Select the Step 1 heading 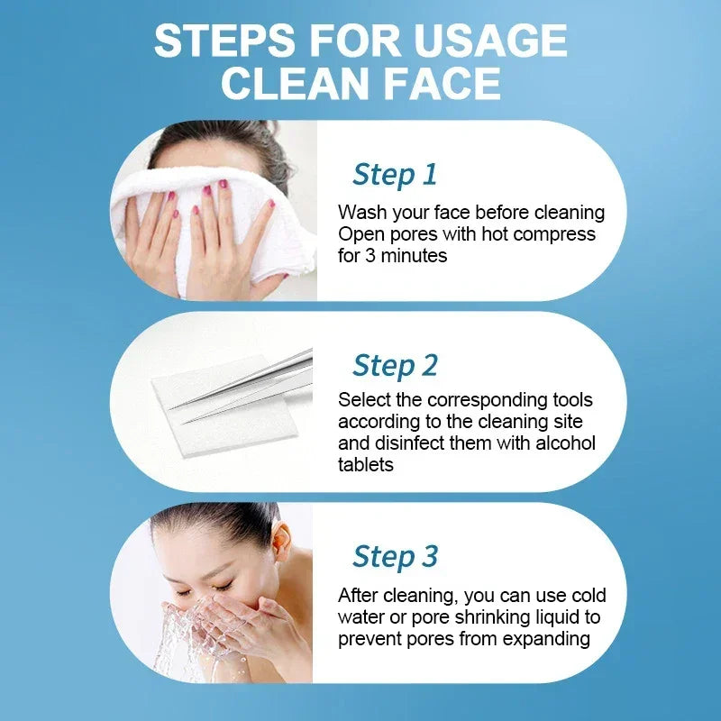tap(395, 174)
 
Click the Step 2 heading tap(395, 365)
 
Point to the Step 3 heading tap(395, 556)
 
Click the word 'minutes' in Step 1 tap(413, 256)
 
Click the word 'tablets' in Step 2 tap(365, 465)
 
